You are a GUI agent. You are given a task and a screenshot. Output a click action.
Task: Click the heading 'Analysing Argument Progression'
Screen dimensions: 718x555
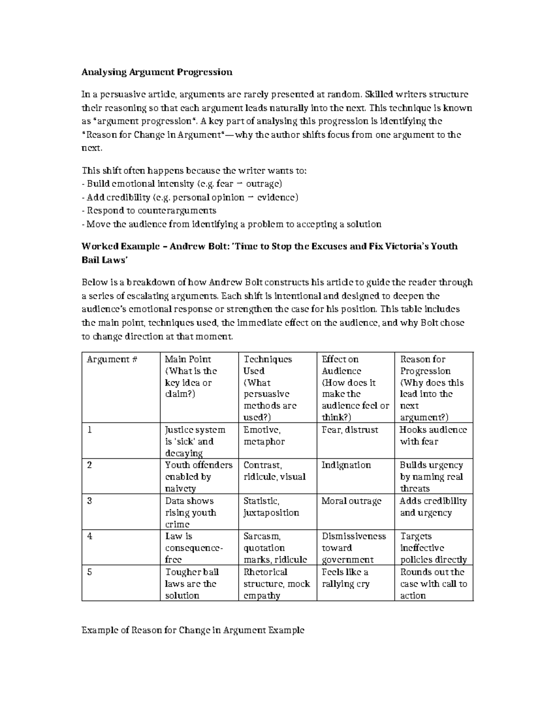pos(157,72)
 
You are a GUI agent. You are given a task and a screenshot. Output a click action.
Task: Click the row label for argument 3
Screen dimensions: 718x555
pos(90,501)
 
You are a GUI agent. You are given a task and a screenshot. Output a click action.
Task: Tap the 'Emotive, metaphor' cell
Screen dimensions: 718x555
pos(264,436)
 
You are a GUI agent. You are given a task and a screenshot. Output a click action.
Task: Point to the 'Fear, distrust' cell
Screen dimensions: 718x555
pos(350,430)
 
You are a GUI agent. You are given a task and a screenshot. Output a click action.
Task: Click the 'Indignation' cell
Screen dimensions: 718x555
pos(346,465)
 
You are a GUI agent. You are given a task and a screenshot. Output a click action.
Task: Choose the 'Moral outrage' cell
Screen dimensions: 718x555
pos(351,501)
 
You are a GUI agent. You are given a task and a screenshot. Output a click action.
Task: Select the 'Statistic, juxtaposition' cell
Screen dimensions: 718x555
pos(271,507)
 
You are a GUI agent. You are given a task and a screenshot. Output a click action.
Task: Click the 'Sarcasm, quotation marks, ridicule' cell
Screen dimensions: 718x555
pos(275,548)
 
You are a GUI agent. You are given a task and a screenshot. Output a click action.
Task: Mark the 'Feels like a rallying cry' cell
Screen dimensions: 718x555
pos(345,578)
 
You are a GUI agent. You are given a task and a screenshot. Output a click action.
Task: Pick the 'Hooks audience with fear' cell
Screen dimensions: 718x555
pos(433,436)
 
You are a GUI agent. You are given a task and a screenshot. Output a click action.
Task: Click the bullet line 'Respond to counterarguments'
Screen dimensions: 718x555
pos(149,211)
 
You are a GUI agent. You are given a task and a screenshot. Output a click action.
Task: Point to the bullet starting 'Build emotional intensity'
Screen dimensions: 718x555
pos(181,184)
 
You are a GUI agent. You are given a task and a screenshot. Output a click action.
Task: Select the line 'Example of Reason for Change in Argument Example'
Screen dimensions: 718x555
pos(193,630)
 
